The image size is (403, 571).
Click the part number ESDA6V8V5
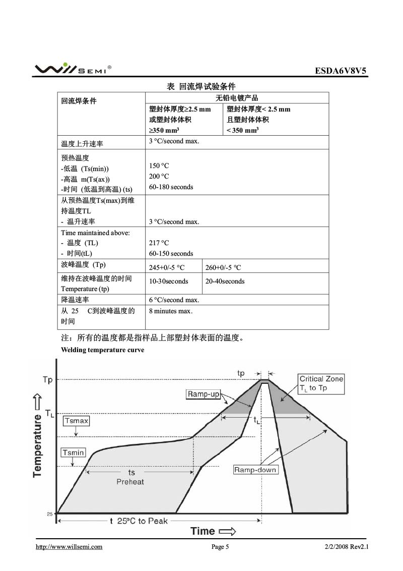tap(342, 71)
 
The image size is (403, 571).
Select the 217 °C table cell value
tap(159, 243)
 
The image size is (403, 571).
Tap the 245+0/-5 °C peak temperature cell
tap(167, 267)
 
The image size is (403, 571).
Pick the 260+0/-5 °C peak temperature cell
tap(223, 267)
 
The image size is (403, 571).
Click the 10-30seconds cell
tap(169, 281)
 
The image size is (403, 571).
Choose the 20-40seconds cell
tap(225, 281)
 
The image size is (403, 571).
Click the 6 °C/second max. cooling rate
tap(174, 300)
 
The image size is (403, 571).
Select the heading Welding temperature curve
tap(102, 350)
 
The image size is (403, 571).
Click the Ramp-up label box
tap(204, 394)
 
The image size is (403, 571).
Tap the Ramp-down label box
tap(255, 470)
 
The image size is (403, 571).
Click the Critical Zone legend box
tap(321, 383)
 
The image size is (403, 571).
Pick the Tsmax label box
tap(76, 421)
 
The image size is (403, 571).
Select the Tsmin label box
tap(73, 452)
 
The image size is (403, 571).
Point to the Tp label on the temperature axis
tap(47, 380)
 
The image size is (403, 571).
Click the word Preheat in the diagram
tap(130, 482)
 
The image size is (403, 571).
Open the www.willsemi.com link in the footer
tap(69, 547)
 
